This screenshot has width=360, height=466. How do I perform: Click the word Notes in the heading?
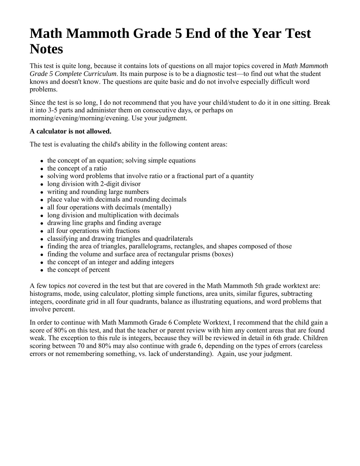46,49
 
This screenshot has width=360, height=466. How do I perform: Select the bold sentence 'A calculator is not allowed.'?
70,132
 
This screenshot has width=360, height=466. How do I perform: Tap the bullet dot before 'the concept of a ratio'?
42,169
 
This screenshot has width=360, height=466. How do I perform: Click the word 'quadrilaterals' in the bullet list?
173,239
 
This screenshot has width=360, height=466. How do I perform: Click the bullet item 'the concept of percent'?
78,270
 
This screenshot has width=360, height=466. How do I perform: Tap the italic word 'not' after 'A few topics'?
72,286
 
